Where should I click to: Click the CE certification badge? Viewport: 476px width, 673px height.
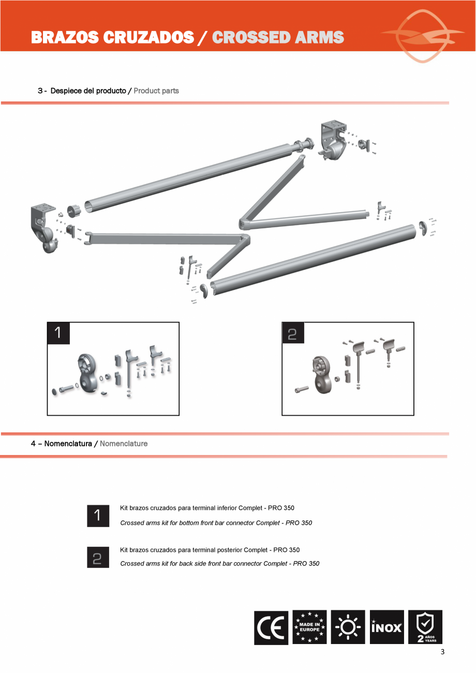[x=271, y=627]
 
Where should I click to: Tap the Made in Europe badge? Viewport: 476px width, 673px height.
[x=309, y=627]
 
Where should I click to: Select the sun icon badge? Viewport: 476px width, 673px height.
[x=348, y=627]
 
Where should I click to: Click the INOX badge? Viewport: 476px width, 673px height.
[x=386, y=627]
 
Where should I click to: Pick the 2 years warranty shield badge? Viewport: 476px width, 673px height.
[x=425, y=627]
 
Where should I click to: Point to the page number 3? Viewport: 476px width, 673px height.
[x=442, y=652]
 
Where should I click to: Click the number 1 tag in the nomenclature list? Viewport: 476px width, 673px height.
[x=98, y=516]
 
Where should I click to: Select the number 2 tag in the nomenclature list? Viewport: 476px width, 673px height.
[x=98, y=557]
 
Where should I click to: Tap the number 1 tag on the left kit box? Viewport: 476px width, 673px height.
[x=58, y=333]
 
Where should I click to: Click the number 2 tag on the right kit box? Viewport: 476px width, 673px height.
[x=293, y=333]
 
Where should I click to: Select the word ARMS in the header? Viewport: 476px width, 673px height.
[x=321, y=37]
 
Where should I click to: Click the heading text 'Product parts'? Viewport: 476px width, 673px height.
[x=156, y=91]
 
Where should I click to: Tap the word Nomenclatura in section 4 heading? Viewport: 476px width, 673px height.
[x=68, y=444]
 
